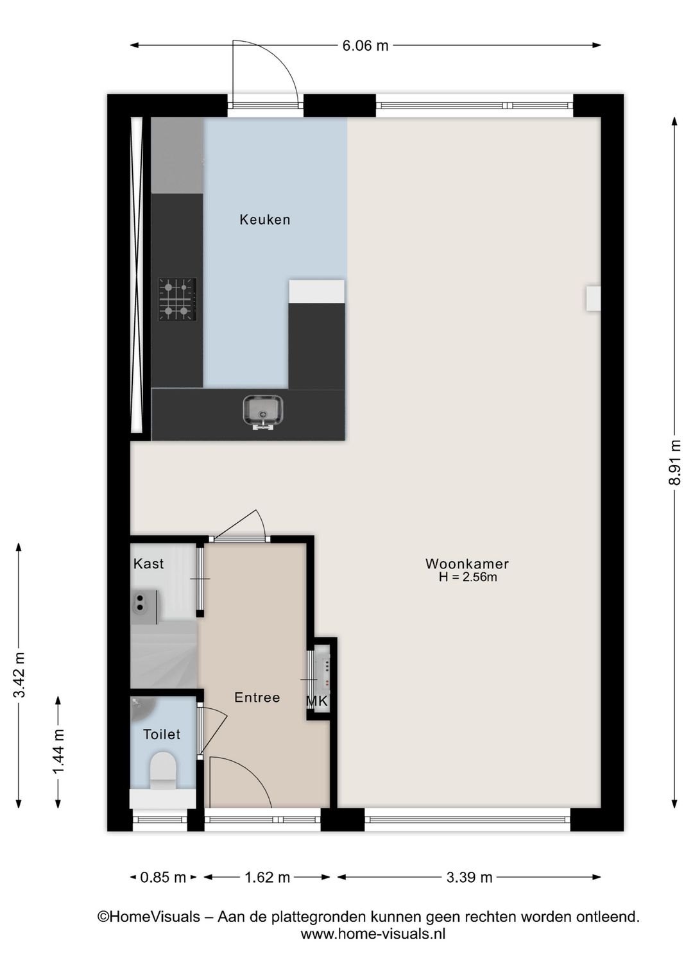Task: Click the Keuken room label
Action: [x=264, y=219]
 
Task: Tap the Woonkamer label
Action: [x=467, y=563]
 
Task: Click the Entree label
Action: [x=257, y=697]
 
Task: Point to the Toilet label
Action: [x=161, y=734]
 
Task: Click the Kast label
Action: [x=148, y=564]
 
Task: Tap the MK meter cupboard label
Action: [x=316, y=701]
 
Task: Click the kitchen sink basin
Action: [x=263, y=411]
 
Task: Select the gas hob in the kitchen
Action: [x=177, y=299]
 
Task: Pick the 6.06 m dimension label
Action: [x=365, y=46]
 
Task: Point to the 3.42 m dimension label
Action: [x=19, y=675]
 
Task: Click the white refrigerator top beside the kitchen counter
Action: [x=316, y=291]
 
